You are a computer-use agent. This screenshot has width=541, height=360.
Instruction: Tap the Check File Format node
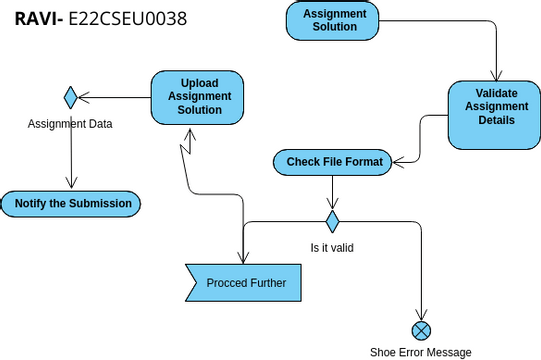point(334,162)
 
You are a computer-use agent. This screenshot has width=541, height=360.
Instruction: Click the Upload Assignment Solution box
point(200,96)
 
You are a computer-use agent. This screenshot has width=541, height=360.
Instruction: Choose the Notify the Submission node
point(72,204)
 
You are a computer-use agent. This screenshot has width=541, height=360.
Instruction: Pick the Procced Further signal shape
point(245,283)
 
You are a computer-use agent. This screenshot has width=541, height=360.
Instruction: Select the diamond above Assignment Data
point(71,97)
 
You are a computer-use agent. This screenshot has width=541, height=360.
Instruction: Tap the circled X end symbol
point(421,330)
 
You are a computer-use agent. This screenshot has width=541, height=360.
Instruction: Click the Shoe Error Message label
point(420,352)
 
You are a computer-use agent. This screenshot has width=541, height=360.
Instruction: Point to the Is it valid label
point(332,247)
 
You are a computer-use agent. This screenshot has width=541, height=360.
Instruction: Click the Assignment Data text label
point(70,124)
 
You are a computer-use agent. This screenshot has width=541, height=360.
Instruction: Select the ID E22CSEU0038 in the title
point(126,19)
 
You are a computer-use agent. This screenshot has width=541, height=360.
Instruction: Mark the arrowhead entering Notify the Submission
point(71,184)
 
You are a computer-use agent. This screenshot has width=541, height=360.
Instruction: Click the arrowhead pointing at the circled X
point(421,315)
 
